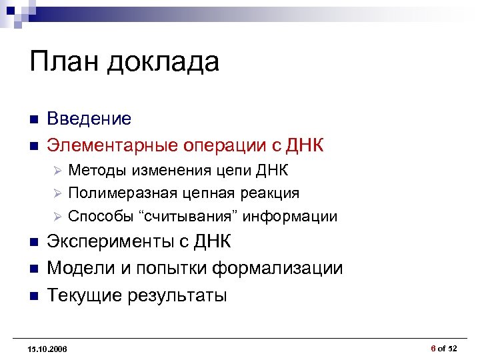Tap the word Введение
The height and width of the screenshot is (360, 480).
point(89,119)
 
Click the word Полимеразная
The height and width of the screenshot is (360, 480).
point(122,193)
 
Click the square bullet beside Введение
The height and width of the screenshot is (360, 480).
point(33,119)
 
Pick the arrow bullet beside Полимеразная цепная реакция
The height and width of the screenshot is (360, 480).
point(57,193)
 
